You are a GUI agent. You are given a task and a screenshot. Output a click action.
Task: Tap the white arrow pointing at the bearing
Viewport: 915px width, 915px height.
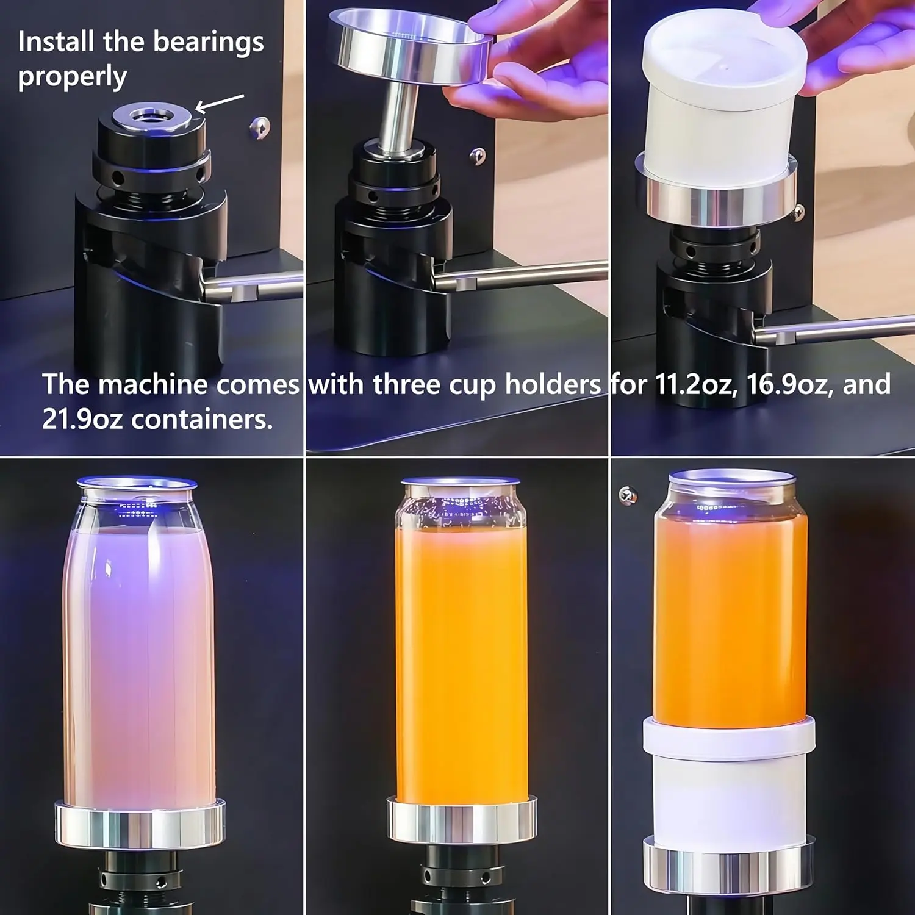point(220,103)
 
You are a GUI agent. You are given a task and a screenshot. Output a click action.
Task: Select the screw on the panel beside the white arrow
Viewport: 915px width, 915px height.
point(259,127)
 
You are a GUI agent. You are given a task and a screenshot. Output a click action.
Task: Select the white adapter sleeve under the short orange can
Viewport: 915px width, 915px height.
point(729,781)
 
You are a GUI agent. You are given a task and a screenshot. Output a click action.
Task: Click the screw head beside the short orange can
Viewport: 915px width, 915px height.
point(627,495)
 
